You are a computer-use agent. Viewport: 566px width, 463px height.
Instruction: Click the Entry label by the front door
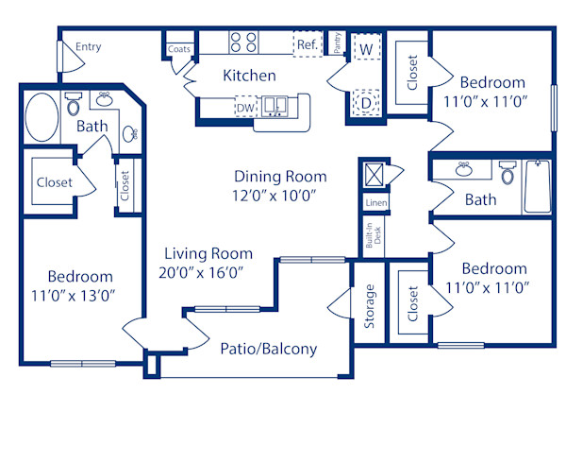89,47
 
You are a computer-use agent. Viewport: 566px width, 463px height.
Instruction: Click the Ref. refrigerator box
307,44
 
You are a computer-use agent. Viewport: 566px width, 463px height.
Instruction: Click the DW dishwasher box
245,108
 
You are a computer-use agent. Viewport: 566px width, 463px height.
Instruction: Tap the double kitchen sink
276,106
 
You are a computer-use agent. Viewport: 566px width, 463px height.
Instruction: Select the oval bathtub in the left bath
41,118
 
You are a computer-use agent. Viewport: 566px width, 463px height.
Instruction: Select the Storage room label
370,305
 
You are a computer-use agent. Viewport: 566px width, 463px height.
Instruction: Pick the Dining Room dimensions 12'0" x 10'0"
280,196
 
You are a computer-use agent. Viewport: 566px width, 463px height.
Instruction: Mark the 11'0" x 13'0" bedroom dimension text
80,296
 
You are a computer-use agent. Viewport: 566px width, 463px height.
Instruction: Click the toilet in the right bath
508,173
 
